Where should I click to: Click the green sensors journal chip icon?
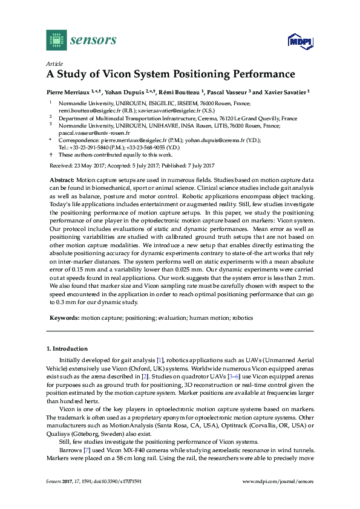coord(56,41)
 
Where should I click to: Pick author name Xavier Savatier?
coord(286,92)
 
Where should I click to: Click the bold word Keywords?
coord(63,317)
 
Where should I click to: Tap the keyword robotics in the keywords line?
coord(243,317)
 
